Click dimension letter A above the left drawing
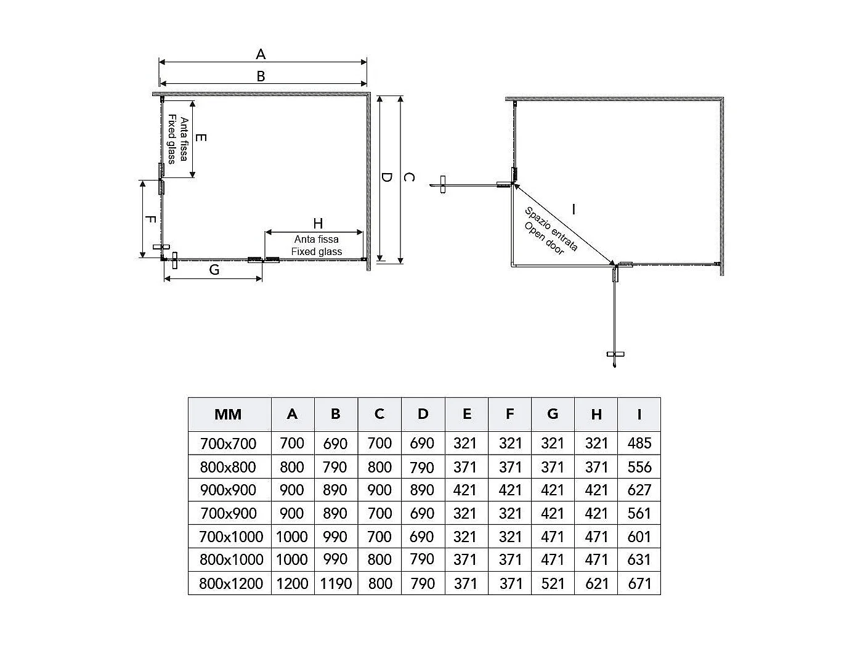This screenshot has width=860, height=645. pyautogui.click(x=261, y=54)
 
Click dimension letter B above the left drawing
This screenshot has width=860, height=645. pyautogui.click(x=261, y=76)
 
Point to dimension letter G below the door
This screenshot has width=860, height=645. pyautogui.click(x=214, y=270)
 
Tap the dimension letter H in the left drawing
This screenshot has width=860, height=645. pyautogui.click(x=318, y=224)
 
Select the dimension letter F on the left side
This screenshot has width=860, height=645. pyautogui.click(x=150, y=219)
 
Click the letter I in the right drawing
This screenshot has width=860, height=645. pyautogui.click(x=574, y=209)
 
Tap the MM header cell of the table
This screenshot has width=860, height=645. pyautogui.click(x=228, y=415)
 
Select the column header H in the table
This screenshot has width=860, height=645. pyautogui.click(x=596, y=415)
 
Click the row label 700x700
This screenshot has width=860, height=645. pyautogui.click(x=228, y=444)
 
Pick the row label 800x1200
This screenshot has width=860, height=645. pyautogui.click(x=231, y=583)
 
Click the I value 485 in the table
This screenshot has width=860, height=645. pyautogui.click(x=639, y=444)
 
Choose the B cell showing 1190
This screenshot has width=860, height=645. pyautogui.click(x=336, y=583)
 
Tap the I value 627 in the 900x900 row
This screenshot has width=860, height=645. pyautogui.click(x=639, y=490)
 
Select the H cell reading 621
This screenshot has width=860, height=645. pyautogui.click(x=596, y=583)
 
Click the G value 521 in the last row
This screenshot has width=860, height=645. pyautogui.click(x=553, y=583)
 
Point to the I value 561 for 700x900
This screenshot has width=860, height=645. pyautogui.click(x=639, y=514)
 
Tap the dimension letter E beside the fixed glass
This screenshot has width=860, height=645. pyautogui.click(x=201, y=137)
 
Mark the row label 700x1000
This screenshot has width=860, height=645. pyautogui.click(x=231, y=537)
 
